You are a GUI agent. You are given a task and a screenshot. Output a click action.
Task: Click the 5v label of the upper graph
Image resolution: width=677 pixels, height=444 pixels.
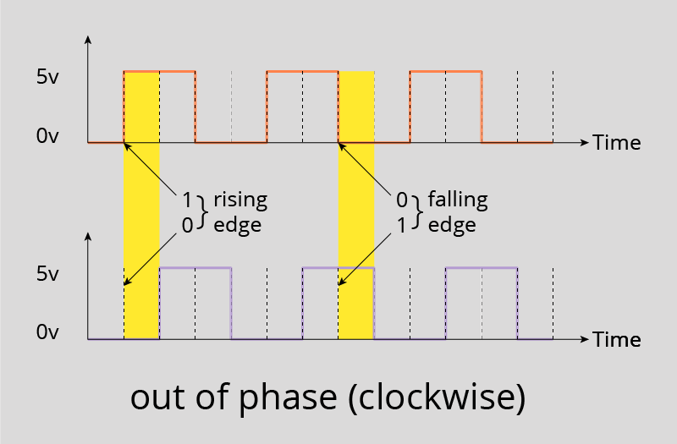47,76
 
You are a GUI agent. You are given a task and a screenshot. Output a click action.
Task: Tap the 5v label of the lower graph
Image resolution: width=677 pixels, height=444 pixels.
47,274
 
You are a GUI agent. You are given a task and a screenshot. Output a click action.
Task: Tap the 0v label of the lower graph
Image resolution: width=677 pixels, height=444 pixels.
47,332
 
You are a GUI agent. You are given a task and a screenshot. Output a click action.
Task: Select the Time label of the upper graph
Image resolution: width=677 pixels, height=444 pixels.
616,142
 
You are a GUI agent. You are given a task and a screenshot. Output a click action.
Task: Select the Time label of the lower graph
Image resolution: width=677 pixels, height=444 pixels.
616,339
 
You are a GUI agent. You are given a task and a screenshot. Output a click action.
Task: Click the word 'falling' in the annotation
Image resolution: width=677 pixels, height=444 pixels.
458,200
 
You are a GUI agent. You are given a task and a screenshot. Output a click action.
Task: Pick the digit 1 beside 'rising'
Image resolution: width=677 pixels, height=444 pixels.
186,200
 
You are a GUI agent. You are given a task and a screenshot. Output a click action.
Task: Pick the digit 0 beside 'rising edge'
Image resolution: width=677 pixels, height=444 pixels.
187,224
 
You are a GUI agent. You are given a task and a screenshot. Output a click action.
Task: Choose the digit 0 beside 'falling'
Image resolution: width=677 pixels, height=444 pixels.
402,200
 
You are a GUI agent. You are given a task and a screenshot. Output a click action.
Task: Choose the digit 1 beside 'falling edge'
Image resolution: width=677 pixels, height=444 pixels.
402,224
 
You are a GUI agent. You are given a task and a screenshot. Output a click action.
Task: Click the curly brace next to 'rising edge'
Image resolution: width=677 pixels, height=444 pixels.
202,212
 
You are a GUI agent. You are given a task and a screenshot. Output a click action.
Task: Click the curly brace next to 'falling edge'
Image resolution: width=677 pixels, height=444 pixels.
416,212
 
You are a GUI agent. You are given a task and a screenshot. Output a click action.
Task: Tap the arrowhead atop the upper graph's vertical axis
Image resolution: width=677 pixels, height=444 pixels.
88,39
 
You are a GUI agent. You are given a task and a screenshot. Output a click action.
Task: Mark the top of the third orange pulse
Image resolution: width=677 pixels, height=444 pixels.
446,72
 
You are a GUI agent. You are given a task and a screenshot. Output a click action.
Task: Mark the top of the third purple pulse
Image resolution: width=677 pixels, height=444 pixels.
482,268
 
